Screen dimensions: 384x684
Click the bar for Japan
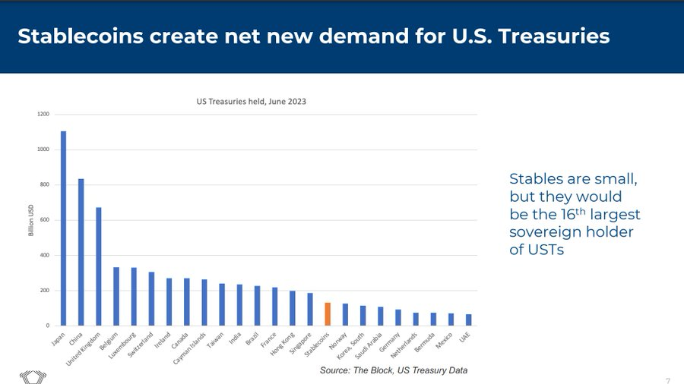coord(63,228)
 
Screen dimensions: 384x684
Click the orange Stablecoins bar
coord(328,314)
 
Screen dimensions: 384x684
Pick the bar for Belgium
coord(116,296)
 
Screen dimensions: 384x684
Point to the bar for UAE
coord(468,320)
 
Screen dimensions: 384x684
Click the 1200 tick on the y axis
coord(43,115)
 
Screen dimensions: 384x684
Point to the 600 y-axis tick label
coord(43,220)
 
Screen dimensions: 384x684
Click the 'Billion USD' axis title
coord(31,220)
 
